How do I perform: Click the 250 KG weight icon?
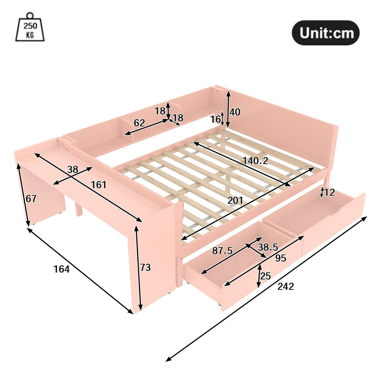coord(30,27)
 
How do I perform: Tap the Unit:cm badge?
coord(325,33)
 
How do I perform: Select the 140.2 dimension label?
coord(255,161)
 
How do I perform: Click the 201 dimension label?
coord(235,200)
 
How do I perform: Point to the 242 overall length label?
coord(285,286)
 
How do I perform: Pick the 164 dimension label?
coord(61,269)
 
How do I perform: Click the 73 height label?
coord(145,267)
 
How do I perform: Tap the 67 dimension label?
coord(31,199)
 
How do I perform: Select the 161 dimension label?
coord(98,185)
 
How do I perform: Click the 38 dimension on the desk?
coord(73,170)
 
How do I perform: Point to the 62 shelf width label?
coord(140,123)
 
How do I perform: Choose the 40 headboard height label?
coord(235,112)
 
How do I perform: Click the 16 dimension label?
coord(215,119)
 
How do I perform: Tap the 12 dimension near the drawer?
coord(329,192)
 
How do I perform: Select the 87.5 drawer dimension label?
coord(222,251)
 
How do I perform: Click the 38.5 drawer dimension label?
coord(268,247)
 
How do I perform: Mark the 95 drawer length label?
coord(281,258)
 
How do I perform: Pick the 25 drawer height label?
coord(266,276)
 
